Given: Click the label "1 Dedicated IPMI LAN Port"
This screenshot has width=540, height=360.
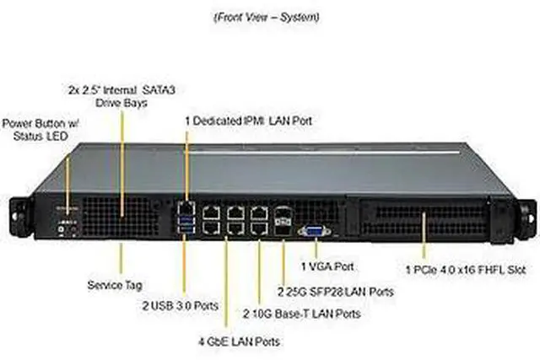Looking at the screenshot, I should coord(249,121).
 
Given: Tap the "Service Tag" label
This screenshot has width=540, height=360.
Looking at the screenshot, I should coord(111,284).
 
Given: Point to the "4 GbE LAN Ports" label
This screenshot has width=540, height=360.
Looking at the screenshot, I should coord(239,341).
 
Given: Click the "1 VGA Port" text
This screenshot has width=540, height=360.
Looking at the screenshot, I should coord(326,266).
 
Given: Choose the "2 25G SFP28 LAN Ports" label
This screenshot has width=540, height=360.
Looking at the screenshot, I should coord(336,292).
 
